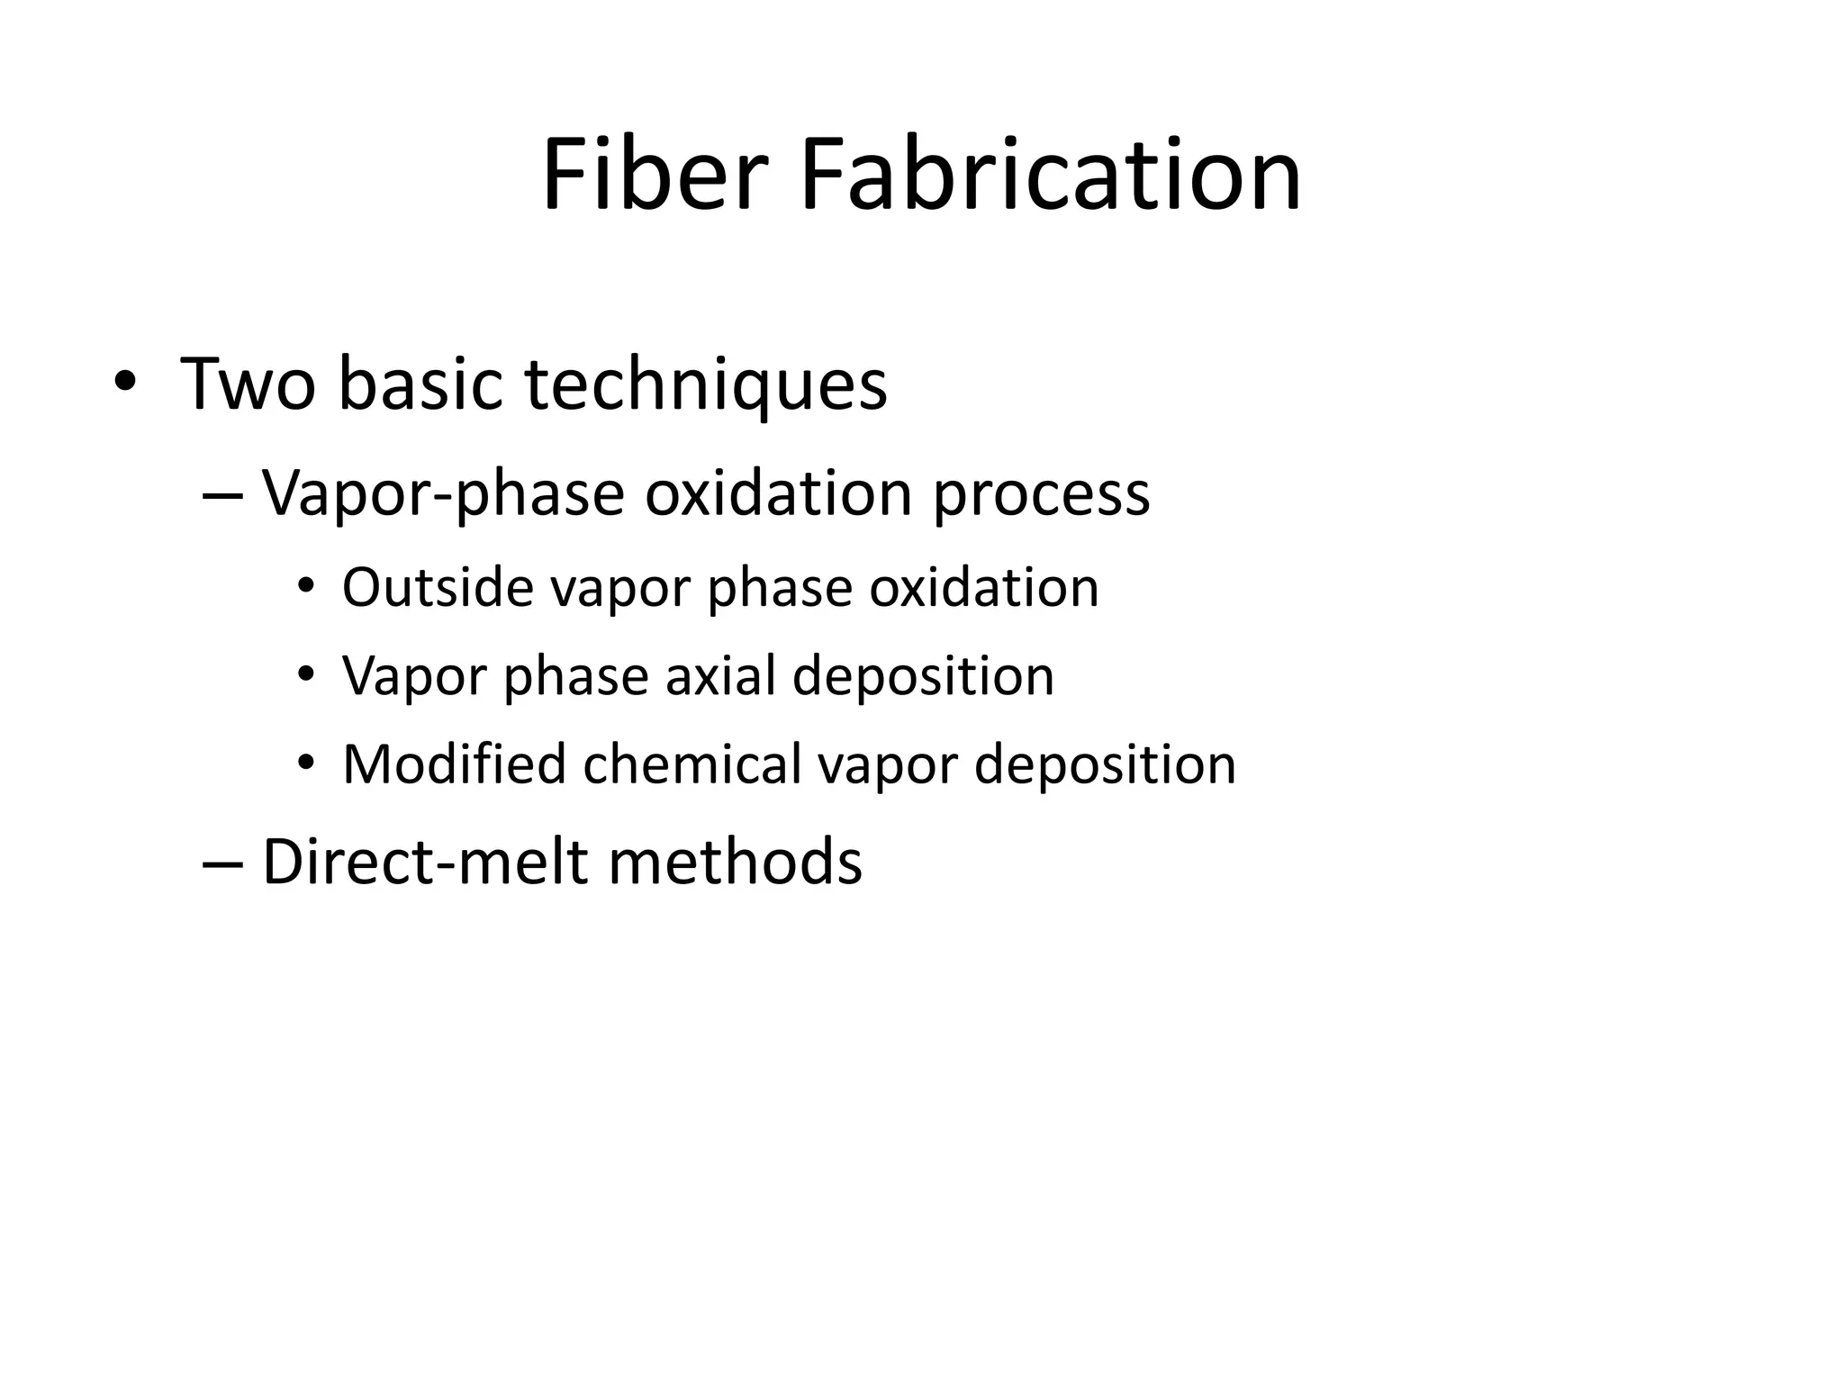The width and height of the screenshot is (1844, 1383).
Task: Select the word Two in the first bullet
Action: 248,384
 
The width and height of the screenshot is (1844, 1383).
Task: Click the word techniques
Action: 706,384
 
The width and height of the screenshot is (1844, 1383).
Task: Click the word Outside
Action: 438,588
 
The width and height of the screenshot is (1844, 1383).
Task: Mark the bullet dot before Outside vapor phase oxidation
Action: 306,587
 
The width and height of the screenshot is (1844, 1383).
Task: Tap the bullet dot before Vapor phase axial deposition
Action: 306,674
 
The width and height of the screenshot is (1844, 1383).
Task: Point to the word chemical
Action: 692,764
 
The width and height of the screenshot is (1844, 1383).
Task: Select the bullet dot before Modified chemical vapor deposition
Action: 306,764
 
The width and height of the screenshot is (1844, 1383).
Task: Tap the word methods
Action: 735,863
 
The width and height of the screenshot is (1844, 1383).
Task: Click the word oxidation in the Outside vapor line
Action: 983,588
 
